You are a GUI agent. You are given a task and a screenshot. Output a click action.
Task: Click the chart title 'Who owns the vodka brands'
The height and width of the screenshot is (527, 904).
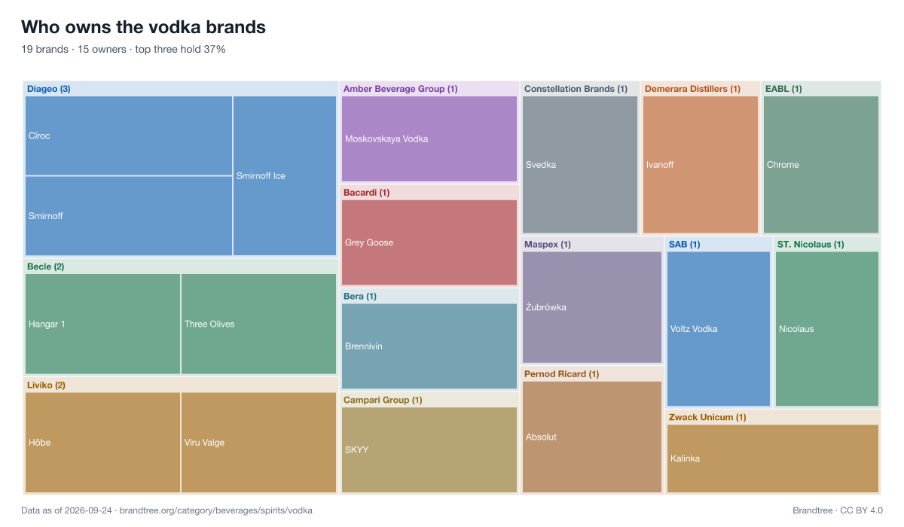tap(143, 27)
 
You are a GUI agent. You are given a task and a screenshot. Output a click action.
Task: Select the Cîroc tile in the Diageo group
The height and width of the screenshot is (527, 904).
tap(129, 136)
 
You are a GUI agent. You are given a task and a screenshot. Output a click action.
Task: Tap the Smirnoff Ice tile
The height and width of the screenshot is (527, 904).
tap(285, 175)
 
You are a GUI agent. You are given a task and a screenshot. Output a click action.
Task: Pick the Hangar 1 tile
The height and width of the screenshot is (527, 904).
tap(102, 324)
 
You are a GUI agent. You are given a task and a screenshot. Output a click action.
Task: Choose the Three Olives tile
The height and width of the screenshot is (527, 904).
tap(258, 324)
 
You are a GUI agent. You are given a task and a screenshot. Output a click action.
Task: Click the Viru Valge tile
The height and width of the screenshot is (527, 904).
tap(258, 443)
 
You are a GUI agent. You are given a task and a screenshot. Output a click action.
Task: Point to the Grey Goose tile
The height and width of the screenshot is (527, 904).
tap(429, 242)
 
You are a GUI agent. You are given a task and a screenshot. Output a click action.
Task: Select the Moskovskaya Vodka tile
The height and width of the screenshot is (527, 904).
tap(429, 139)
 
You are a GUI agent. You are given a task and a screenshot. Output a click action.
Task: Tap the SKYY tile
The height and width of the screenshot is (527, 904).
tap(429, 449)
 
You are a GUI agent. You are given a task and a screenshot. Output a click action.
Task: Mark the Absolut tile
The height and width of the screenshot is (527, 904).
tap(592, 437)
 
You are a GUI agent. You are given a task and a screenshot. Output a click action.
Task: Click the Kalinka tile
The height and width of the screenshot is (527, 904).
tap(773, 458)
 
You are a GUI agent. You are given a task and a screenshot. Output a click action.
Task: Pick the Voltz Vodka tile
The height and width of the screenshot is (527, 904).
tap(719, 328)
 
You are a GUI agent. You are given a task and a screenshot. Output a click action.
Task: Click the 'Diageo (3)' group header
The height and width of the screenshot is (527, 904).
tap(49, 89)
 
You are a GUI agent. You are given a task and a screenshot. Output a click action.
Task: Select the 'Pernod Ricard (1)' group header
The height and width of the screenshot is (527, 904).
tap(561, 373)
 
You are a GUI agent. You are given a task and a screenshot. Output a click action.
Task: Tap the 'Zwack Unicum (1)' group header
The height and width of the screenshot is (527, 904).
tap(707, 417)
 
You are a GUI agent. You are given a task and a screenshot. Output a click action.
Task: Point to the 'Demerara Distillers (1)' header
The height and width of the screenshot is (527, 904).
tap(692, 89)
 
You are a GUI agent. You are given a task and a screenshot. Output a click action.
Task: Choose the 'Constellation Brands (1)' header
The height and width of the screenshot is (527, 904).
tap(576, 89)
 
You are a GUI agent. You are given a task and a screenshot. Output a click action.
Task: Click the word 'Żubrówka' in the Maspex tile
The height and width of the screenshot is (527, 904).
tap(545, 307)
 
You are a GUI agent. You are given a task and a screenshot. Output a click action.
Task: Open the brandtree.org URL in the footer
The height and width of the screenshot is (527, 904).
tap(216, 510)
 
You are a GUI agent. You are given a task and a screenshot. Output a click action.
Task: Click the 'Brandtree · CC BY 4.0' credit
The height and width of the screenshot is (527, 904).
tap(838, 510)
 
